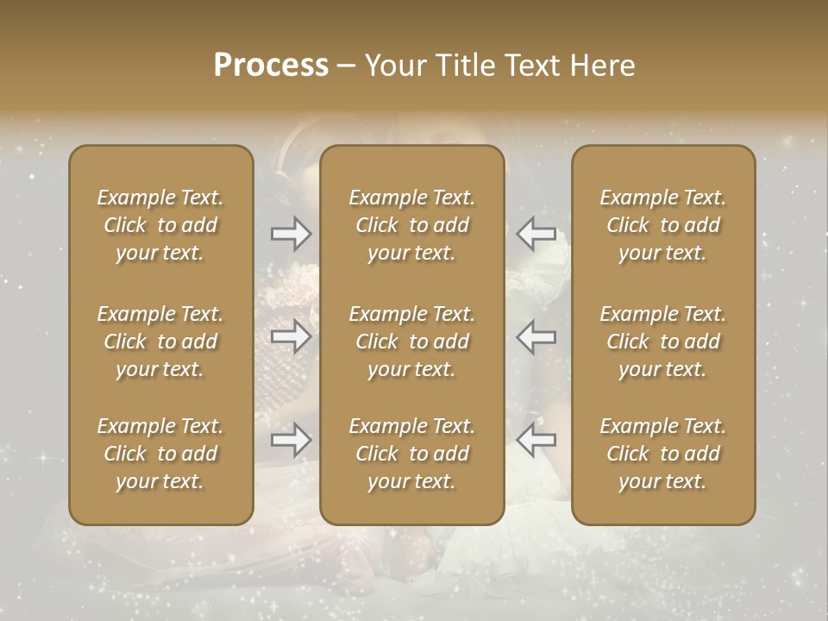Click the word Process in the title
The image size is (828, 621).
[x=271, y=66]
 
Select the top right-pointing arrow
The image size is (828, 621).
[x=291, y=234]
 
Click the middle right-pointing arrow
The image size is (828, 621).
[x=291, y=336]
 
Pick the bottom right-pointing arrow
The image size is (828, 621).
[x=291, y=440]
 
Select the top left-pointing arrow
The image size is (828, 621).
[x=536, y=234]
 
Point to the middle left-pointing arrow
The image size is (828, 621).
[x=536, y=336]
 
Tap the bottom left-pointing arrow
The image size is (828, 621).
[x=536, y=440]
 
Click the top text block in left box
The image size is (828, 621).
[x=160, y=225]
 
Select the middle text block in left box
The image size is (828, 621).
[x=160, y=342]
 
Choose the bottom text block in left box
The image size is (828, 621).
[x=160, y=454]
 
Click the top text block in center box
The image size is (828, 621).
[x=412, y=225]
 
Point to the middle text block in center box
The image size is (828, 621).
[x=412, y=342]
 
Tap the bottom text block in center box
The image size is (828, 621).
[x=412, y=454]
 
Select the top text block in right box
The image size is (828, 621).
[x=663, y=225]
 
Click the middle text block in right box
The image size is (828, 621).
[x=663, y=342]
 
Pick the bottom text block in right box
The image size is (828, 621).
[x=663, y=454]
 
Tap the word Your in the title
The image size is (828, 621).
[x=395, y=66]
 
